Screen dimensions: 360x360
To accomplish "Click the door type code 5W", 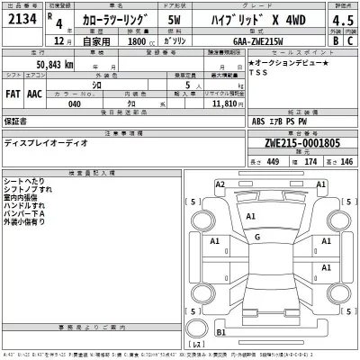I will click(174, 20).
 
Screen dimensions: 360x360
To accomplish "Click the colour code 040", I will click(76, 104).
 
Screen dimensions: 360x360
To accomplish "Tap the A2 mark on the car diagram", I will click(220, 184).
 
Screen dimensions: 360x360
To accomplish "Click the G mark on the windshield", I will click(257, 237).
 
